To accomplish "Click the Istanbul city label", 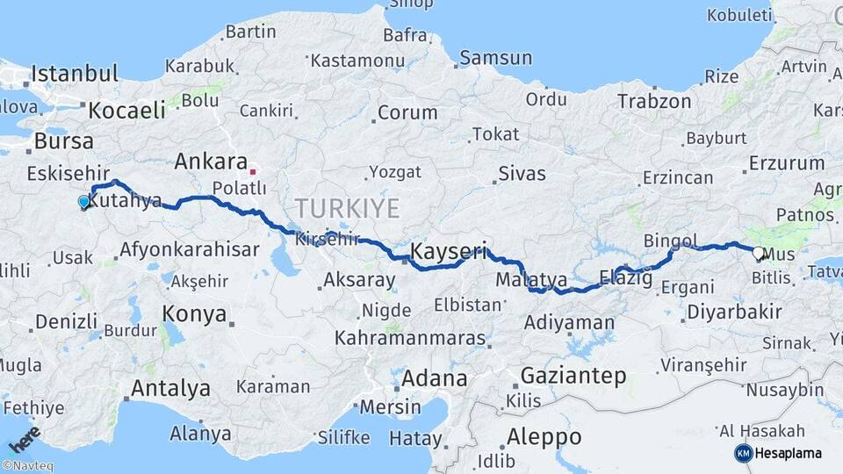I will [x=75, y=73].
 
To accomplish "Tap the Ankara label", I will [x=211, y=162].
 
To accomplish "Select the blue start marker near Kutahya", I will [x=83, y=202].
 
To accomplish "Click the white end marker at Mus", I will [x=758, y=253].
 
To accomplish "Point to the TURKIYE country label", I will [x=347, y=208].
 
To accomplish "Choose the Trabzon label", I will [x=654, y=101].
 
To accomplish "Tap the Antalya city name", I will [x=170, y=388].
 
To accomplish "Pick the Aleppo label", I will [x=544, y=436].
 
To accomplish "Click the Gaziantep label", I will [x=573, y=376].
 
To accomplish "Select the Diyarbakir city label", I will [x=734, y=312].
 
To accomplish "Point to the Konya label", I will [x=194, y=313].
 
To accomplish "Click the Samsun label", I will [x=496, y=58].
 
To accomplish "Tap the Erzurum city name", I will [x=786, y=163].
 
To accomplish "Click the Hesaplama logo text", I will [x=790, y=453].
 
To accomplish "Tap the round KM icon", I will [x=743, y=453].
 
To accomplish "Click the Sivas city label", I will [x=522, y=172].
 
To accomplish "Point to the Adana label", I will [x=435, y=379].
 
